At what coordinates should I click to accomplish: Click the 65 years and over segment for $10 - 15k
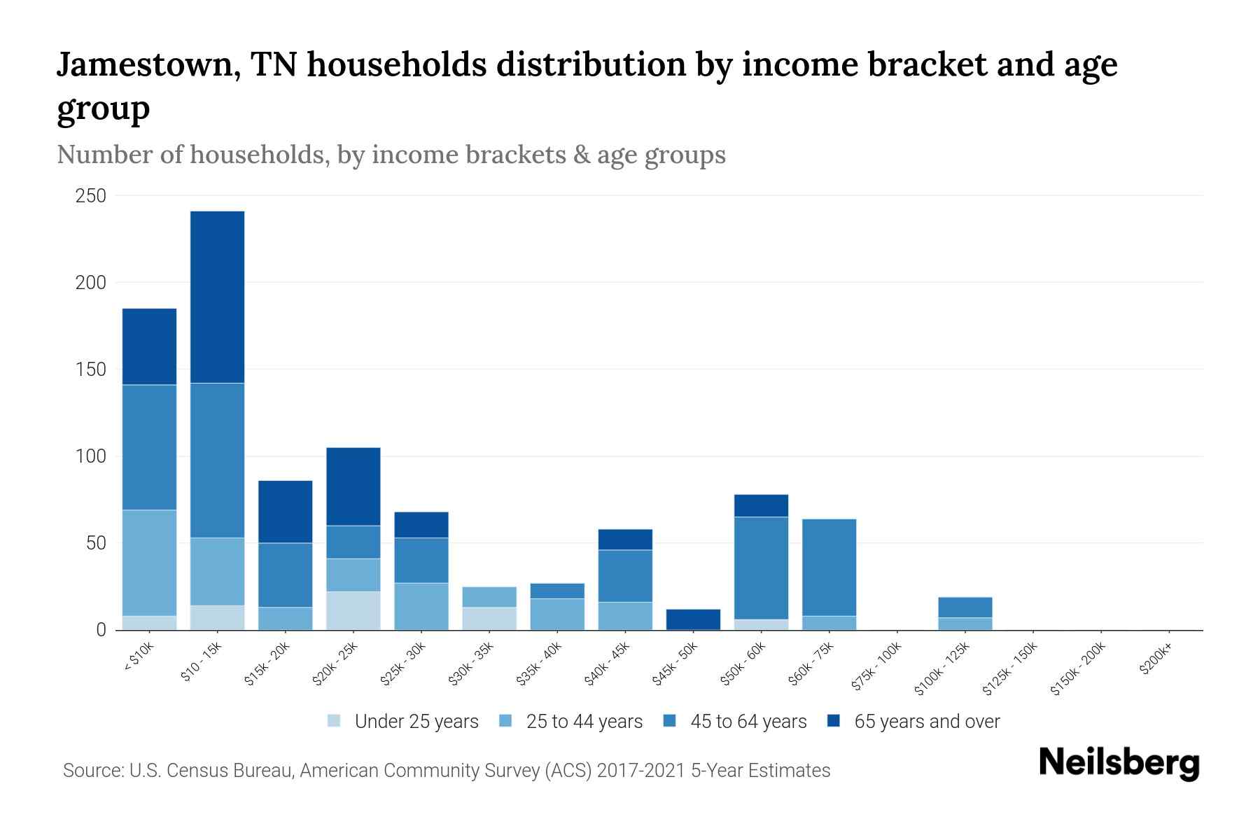pyautogui.click(x=217, y=297)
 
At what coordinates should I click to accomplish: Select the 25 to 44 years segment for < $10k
pyautogui.click(x=149, y=563)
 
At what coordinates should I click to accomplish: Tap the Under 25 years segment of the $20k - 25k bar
pyautogui.click(x=353, y=610)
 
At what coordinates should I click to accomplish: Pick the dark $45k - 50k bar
pyautogui.click(x=693, y=619)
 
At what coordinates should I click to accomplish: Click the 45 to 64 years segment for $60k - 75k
pyautogui.click(x=829, y=567)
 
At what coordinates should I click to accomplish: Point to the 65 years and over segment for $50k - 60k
pyautogui.click(x=761, y=505)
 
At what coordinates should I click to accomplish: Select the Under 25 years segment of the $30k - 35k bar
pyautogui.click(x=489, y=618)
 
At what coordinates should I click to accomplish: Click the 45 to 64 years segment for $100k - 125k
pyautogui.click(x=965, y=607)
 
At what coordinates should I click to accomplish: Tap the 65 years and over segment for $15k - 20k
pyautogui.click(x=285, y=511)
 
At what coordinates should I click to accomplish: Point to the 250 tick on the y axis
pyautogui.click(x=91, y=196)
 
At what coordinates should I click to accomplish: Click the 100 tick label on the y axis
pyautogui.click(x=91, y=456)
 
